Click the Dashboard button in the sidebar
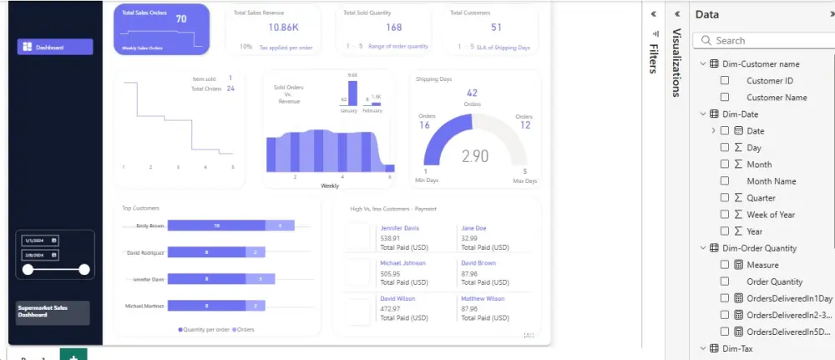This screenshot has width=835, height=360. coord(54,47)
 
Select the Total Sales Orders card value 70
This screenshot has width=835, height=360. coord(180,18)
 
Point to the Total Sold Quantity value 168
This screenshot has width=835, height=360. coord(393,28)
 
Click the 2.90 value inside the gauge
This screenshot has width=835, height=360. coord(475,156)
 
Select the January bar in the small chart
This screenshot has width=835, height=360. coord(352,92)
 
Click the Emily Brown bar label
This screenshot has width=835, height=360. coord(150,226)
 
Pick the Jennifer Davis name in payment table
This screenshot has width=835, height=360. coord(400,228)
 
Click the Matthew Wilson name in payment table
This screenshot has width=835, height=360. coord(483,298)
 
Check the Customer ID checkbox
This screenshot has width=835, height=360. coord(725,81)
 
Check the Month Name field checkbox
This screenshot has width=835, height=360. coord(725,181)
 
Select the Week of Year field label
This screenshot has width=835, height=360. coord(771,215)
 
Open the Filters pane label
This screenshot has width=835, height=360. coord(653,53)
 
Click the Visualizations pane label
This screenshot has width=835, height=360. coord(677,63)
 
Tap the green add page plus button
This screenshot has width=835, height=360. coord(73,356)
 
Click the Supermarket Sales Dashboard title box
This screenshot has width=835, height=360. coord(53,312)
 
